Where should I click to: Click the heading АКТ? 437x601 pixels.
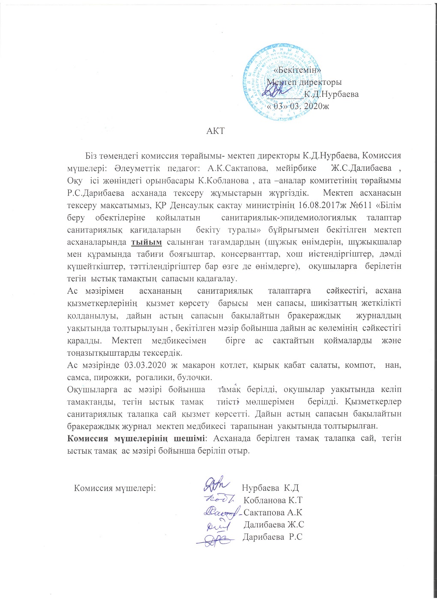pyautogui.click(x=216, y=130)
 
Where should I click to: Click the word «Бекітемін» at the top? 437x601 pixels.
pyautogui.click(x=297, y=69)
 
